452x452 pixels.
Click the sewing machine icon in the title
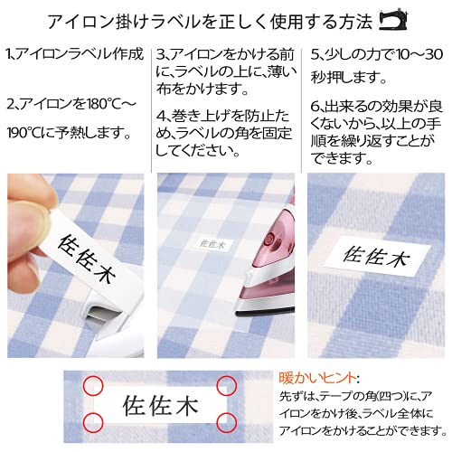click(393, 21)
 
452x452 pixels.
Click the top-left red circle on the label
click(93, 385)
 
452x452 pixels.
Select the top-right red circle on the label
click(227, 385)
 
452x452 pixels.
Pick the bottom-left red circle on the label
click(93, 421)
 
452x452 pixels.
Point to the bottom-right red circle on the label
click(227, 421)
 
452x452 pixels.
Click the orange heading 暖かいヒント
click(317, 378)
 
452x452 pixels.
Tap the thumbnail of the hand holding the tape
click(76, 266)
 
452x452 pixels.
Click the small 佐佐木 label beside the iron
click(212, 244)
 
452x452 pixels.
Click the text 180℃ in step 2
click(101, 104)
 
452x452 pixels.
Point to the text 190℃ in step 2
click(24, 133)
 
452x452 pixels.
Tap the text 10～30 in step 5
click(419, 55)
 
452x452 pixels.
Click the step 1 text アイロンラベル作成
click(80, 54)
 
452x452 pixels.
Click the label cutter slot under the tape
click(102, 316)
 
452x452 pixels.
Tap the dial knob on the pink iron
click(269, 241)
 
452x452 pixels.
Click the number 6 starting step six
click(315, 106)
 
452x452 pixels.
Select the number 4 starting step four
click(160, 117)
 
